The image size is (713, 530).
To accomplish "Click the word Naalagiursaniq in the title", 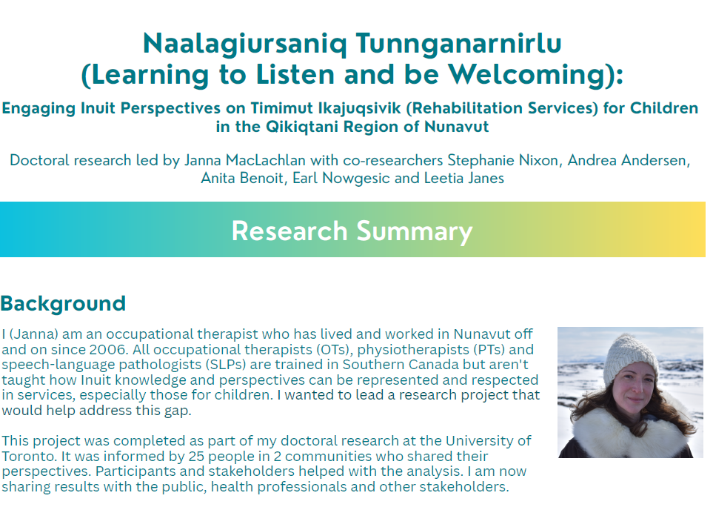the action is [244, 44].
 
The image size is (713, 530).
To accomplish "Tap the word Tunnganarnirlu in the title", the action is [459, 44].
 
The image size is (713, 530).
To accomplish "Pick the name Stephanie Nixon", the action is [503, 160].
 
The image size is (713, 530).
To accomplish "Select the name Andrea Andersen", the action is [629, 160].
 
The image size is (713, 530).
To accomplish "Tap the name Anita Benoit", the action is [243, 178].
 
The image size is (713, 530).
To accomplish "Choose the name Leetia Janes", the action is [463, 178].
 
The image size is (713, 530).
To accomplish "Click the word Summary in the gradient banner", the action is [414, 231].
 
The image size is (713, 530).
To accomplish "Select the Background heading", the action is [63, 304].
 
